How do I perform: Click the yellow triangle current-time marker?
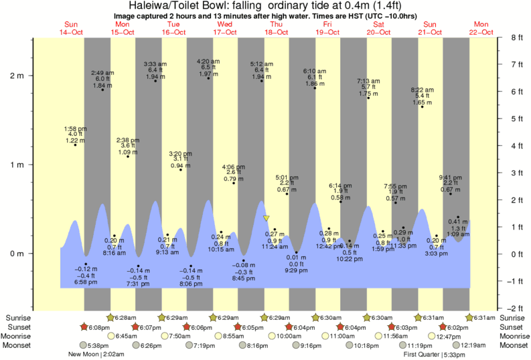click(x=267, y=218)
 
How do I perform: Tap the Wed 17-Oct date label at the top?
click(x=224, y=28)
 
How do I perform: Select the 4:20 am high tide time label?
click(x=208, y=62)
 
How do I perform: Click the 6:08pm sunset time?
click(x=97, y=327)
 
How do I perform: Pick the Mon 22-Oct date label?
click(x=481, y=28)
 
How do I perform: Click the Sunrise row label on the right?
click(x=514, y=317)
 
